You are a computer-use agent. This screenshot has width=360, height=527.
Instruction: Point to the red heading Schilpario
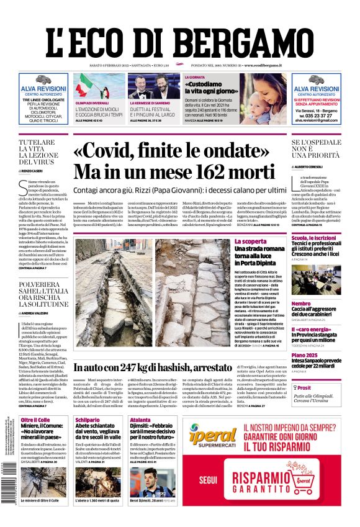point(88,420)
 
